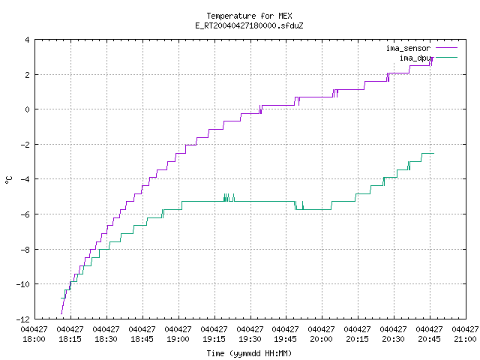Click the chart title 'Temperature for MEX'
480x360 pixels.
[x=249, y=16]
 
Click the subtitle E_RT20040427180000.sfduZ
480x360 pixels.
[x=249, y=25]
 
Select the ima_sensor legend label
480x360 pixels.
[x=408, y=48]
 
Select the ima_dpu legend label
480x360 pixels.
[x=415, y=58]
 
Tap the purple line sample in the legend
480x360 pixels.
[x=446, y=48]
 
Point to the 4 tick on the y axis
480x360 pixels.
[x=27, y=40]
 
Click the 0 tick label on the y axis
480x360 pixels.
[x=27, y=109]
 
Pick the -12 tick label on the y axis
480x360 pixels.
[x=23, y=319]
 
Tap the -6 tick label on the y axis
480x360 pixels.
[x=25, y=214]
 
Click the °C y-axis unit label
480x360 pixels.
[x=9, y=180]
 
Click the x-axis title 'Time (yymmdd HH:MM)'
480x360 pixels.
[x=249, y=353]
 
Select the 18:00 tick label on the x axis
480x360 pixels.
[x=34, y=334]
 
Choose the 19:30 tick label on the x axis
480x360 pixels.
[x=250, y=334]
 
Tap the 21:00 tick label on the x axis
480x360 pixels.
[x=465, y=334]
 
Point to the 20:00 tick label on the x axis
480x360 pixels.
[x=322, y=334]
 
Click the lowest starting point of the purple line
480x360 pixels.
[x=61, y=313]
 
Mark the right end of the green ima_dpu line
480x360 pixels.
[x=433, y=153]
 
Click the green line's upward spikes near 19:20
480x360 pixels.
[x=229, y=197]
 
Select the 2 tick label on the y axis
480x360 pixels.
[x=27, y=75]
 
